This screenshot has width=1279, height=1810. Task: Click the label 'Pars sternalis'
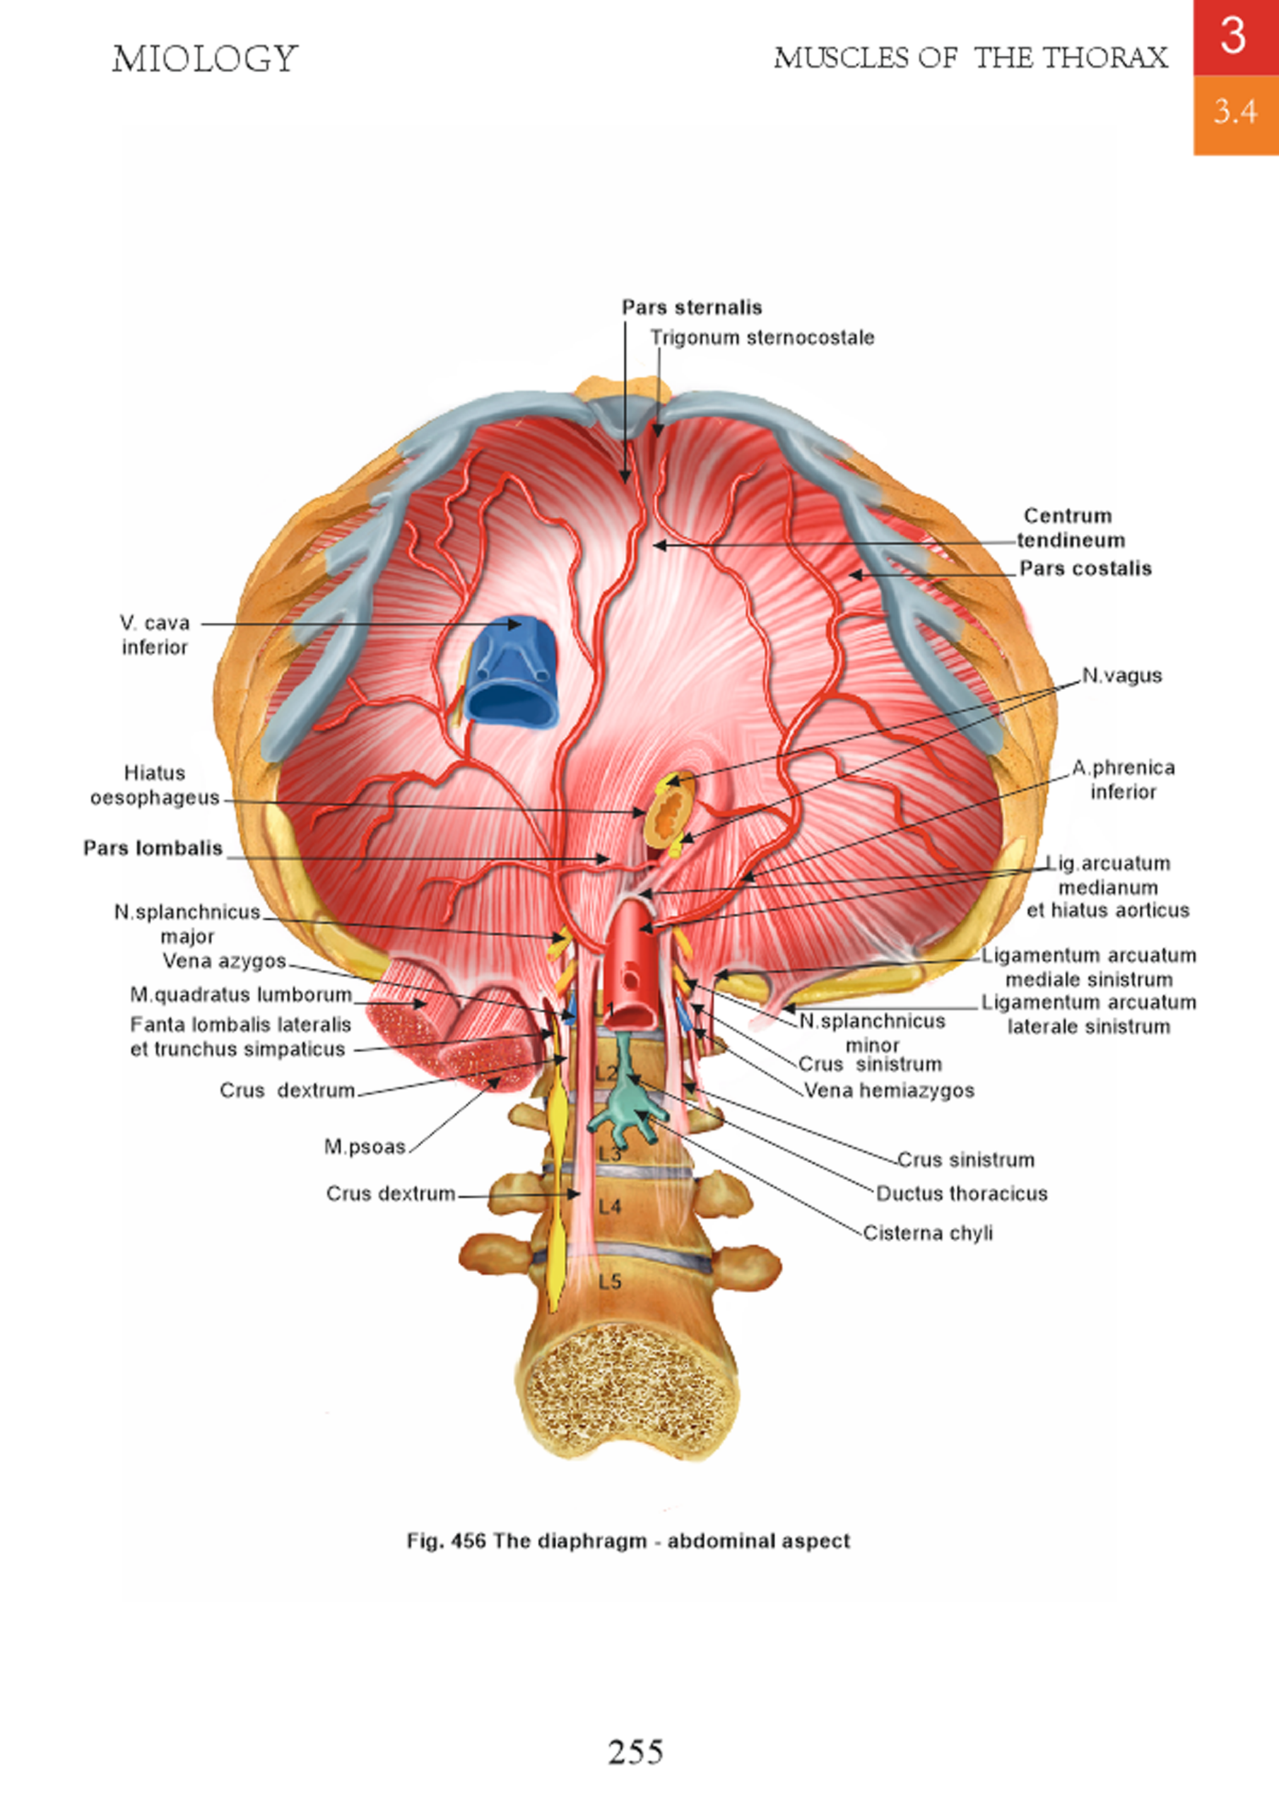[691, 308]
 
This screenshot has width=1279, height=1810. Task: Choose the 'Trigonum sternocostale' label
[761, 338]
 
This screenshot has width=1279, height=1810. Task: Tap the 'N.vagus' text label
[1121, 676]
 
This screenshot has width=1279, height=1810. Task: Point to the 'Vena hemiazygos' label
[888, 1090]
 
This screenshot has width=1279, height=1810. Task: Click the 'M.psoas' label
[365, 1146]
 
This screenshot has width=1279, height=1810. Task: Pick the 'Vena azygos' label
[224, 961]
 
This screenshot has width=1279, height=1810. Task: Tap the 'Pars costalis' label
[1085, 568]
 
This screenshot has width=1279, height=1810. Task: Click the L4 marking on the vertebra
[610, 1206]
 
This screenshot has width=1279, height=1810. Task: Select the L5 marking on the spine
[610, 1282]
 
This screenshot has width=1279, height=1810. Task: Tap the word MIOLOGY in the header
[205, 59]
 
